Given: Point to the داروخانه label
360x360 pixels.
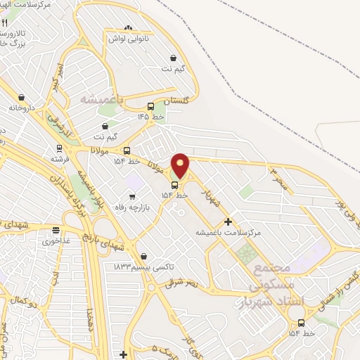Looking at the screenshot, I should pos(21,108).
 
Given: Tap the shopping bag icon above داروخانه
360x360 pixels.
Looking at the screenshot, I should pos(21,98).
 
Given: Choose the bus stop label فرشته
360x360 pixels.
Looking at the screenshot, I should pos(60,159).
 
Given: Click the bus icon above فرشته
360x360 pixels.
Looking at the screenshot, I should pos(60,148).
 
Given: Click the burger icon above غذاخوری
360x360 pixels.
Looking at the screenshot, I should pos(56,229).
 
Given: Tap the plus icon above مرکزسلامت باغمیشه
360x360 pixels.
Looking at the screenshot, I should pos(228,221).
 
